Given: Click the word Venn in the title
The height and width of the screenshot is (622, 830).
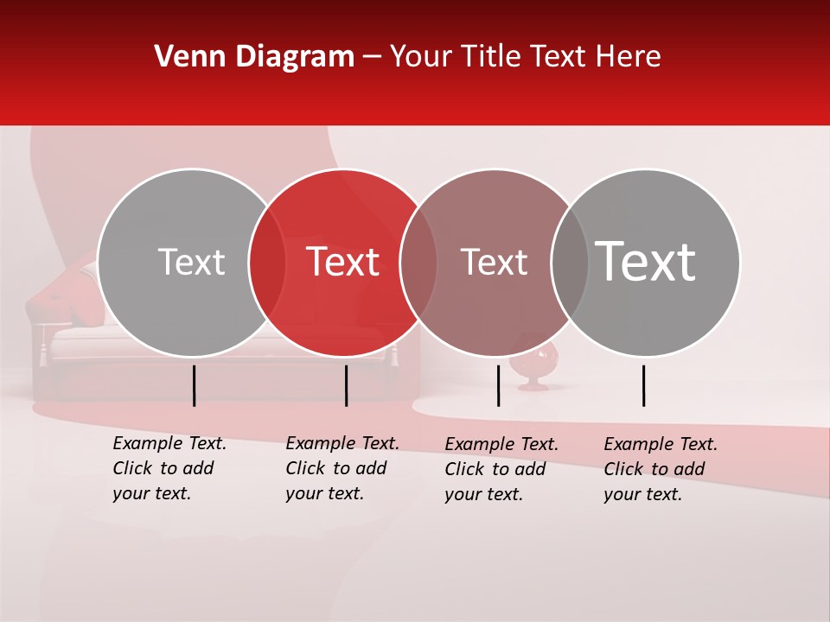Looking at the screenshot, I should pos(183,57).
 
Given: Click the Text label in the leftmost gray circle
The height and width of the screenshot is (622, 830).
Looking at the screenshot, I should pos(191,263).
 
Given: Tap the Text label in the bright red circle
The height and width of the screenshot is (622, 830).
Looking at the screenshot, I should pos(342,263).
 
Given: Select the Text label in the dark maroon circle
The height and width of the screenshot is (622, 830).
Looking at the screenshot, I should pos(494,263).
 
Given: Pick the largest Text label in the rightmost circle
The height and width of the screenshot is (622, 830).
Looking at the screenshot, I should pos(646,261).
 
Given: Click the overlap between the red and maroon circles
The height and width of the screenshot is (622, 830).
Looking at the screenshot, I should pos(418,263).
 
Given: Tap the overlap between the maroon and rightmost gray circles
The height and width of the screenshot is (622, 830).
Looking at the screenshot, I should pos(570,263).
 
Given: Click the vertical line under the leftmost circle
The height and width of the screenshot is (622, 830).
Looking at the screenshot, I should pos(195,385).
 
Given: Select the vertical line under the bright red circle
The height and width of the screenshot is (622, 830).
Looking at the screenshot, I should pos(346,385).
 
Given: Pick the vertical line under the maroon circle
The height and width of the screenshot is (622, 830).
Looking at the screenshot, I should pos(498,385).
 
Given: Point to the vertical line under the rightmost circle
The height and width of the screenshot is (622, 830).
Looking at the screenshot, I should pos(644,385).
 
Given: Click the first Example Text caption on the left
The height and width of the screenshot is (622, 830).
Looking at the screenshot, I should pos(169,468).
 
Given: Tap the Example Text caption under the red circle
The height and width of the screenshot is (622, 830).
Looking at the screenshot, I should pos(342,468).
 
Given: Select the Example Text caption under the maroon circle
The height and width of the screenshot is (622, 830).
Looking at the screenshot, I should pos(501,469).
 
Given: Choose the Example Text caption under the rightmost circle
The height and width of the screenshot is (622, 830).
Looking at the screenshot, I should pos(660,469).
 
